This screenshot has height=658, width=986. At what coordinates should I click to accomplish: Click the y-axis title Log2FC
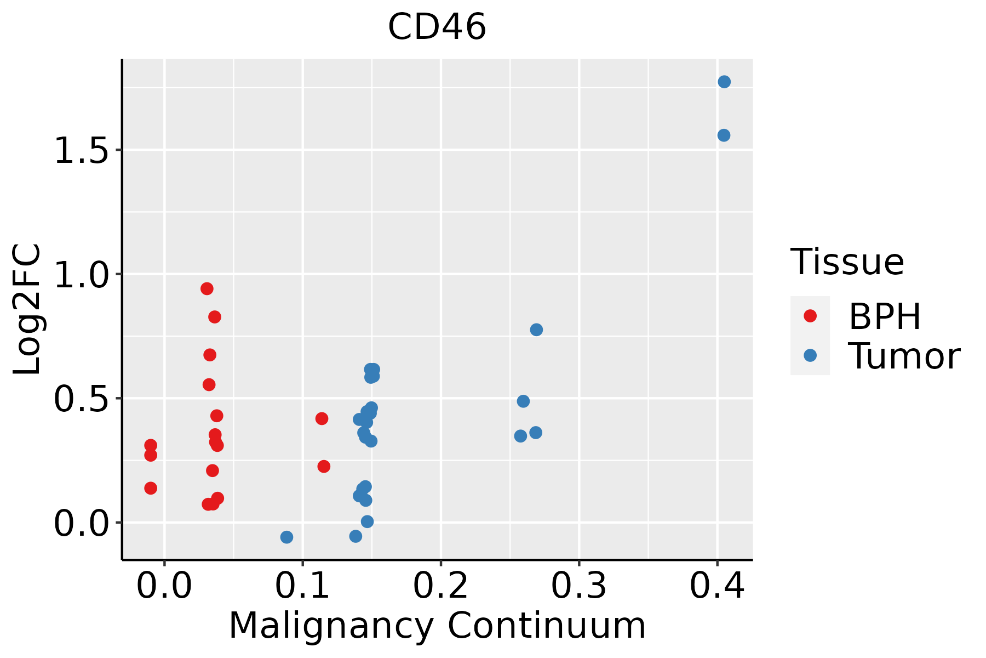tap(27, 309)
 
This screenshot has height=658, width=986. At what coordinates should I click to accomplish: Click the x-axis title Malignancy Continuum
tap(437, 626)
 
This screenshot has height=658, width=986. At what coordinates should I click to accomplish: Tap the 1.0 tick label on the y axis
tap(82, 275)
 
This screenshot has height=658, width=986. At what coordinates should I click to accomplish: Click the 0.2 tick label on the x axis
tap(440, 586)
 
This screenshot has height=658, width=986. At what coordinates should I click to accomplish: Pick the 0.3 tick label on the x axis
tap(578, 586)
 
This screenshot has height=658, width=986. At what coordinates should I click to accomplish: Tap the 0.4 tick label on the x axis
tap(716, 586)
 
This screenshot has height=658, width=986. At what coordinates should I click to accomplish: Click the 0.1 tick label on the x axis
tap(302, 586)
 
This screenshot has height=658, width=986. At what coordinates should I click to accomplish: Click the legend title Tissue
tap(847, 262)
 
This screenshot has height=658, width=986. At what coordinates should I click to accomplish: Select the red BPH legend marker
tap(810, 316)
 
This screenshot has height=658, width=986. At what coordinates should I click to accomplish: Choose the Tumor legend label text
tap(904, 356)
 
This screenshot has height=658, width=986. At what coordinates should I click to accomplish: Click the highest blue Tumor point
tap(724, 82)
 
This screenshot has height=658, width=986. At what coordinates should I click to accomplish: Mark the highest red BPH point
tap(207, 289)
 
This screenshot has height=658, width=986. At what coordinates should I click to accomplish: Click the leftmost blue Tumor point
tap(286, 537)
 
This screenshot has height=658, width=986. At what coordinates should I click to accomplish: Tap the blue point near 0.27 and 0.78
tap(536, 330)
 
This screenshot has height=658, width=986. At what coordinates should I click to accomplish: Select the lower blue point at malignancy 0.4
tap(724, 135)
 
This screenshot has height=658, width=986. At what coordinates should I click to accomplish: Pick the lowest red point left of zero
tap(151, 488)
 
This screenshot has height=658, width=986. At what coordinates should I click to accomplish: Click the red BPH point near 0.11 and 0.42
tap(322, 419)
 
